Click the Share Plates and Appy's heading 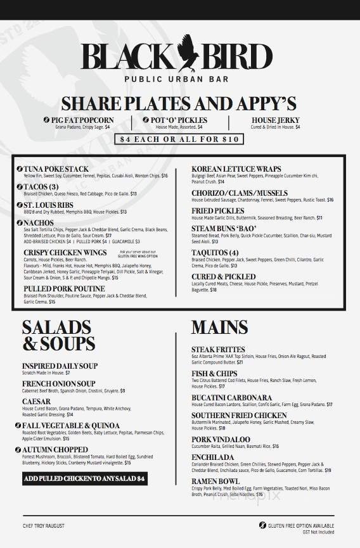click(x=179, y=104)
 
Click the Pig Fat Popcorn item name click(x=82, y=120)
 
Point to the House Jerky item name click(x=276, y=120)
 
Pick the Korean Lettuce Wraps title click(x=236, y=169)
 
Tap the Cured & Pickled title click(x=224, y=276)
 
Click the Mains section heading click(x=219, y=327)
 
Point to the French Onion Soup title click(x=58, y=384)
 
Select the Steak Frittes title click(x=218, y=349)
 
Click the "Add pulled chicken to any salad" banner click(x=84, y=479)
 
